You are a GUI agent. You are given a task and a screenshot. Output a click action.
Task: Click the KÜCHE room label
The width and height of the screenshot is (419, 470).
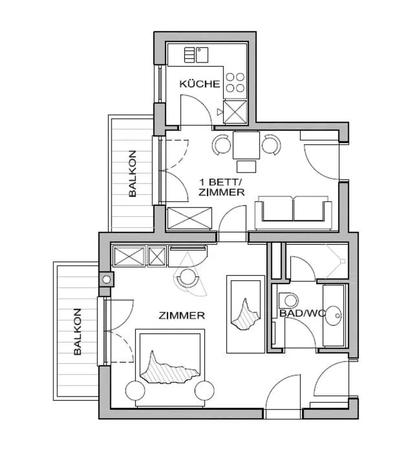click(x=200, y=84)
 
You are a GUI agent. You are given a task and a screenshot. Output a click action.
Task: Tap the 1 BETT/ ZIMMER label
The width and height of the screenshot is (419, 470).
click(x=221, y=187)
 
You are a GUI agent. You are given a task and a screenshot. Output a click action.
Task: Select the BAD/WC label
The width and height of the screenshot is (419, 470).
click(x=301, y=313)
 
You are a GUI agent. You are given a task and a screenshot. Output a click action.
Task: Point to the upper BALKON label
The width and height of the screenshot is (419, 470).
click(x=132, y=173)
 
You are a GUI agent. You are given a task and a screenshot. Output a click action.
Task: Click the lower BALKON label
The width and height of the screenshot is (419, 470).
click(x=78, y=331)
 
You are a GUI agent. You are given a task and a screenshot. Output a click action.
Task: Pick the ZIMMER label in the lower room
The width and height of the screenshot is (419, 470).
click(x=182, y=316)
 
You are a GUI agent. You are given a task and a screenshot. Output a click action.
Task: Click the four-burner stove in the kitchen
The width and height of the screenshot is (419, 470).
click(x=235, y=82)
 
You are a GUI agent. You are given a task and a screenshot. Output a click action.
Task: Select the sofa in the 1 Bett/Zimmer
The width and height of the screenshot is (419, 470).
click(x=294, y=212)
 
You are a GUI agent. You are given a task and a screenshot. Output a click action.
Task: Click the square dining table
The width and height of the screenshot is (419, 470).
click(x=246, y=144)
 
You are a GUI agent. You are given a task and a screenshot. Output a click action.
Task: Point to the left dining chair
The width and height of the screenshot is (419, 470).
click(x=222, y=144)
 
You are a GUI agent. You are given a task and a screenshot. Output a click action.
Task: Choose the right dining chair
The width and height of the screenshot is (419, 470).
click(x=271, y=144)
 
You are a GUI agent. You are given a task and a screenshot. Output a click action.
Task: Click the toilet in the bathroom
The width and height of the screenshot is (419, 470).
click(x=290, y=300)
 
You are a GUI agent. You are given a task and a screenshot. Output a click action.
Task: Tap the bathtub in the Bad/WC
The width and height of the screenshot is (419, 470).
click(x=335, y=315)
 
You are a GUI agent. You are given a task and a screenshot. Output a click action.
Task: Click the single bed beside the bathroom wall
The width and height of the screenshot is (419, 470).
click(x=246, y=314)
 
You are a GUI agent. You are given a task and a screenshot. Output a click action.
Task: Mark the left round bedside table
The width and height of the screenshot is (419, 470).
click(x=136, y=391)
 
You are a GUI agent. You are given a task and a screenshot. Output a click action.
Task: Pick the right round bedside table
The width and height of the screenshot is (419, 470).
click(x=204, y=390)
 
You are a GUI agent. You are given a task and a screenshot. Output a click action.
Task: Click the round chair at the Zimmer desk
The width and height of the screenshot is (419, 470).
click(x=188, y=278)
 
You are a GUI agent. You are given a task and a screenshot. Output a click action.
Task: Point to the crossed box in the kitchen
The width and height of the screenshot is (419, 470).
click(x=235, y=112)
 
